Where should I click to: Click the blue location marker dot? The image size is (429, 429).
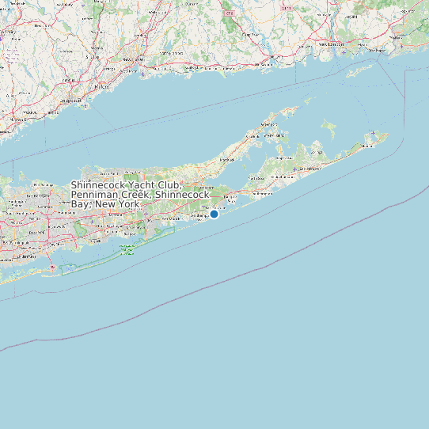[x=214, y=214]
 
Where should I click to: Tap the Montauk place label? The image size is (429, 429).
[x=366, y=146]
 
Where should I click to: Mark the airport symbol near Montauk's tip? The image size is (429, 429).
[x=372, y=132]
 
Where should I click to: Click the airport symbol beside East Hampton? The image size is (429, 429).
[x=294, y=169]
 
